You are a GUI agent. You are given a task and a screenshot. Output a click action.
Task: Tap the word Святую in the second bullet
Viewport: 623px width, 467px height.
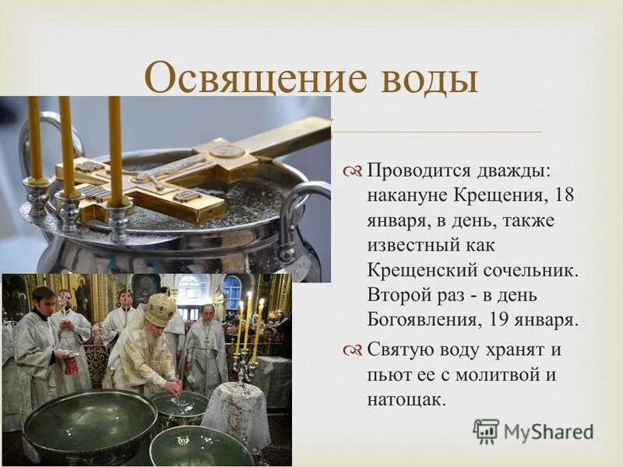[x=399, y=350]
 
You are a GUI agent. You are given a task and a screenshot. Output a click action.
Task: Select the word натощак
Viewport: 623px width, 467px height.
[x=407, y=400]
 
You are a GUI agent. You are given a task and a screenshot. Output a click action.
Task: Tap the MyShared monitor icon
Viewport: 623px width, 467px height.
[x=486, y=431]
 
